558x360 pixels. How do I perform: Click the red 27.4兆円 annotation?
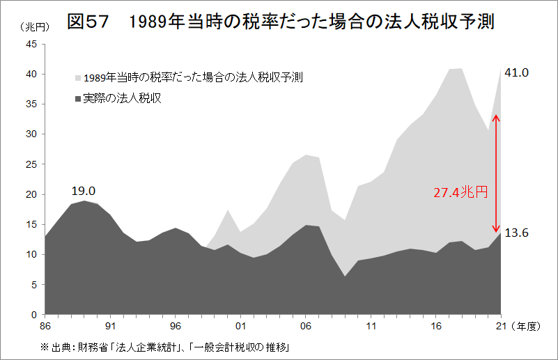[x=460, y=192]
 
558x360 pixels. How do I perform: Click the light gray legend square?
[x=77, y=77]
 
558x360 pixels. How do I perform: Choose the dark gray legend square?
[x=77, y=98]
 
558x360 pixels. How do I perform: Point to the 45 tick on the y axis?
[x=32, y=44]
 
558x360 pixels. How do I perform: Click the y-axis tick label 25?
[x=32, y=164]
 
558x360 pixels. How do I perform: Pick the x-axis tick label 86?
[x=45, y=325]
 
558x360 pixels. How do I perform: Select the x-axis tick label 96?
[x=176, y=325]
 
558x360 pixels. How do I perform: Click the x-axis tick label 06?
[x=306, y=325]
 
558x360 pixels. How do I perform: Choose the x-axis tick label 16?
[x=436, y=325]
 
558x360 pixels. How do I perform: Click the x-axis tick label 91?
[x=110, y=325]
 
